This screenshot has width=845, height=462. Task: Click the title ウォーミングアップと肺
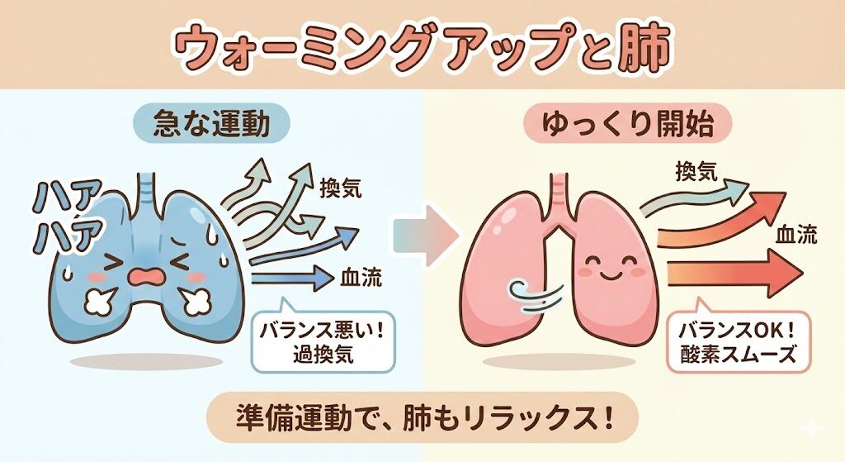(x=422, y=47)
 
